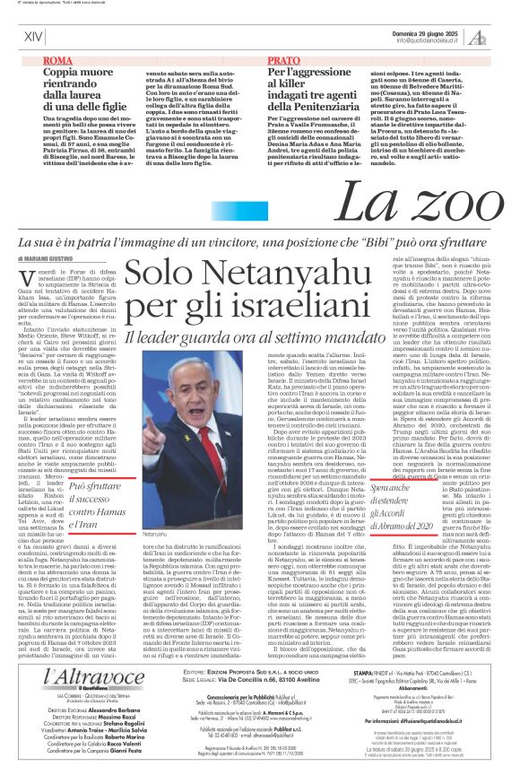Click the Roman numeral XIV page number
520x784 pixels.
point(33,36)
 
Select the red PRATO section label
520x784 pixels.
point(284,59)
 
